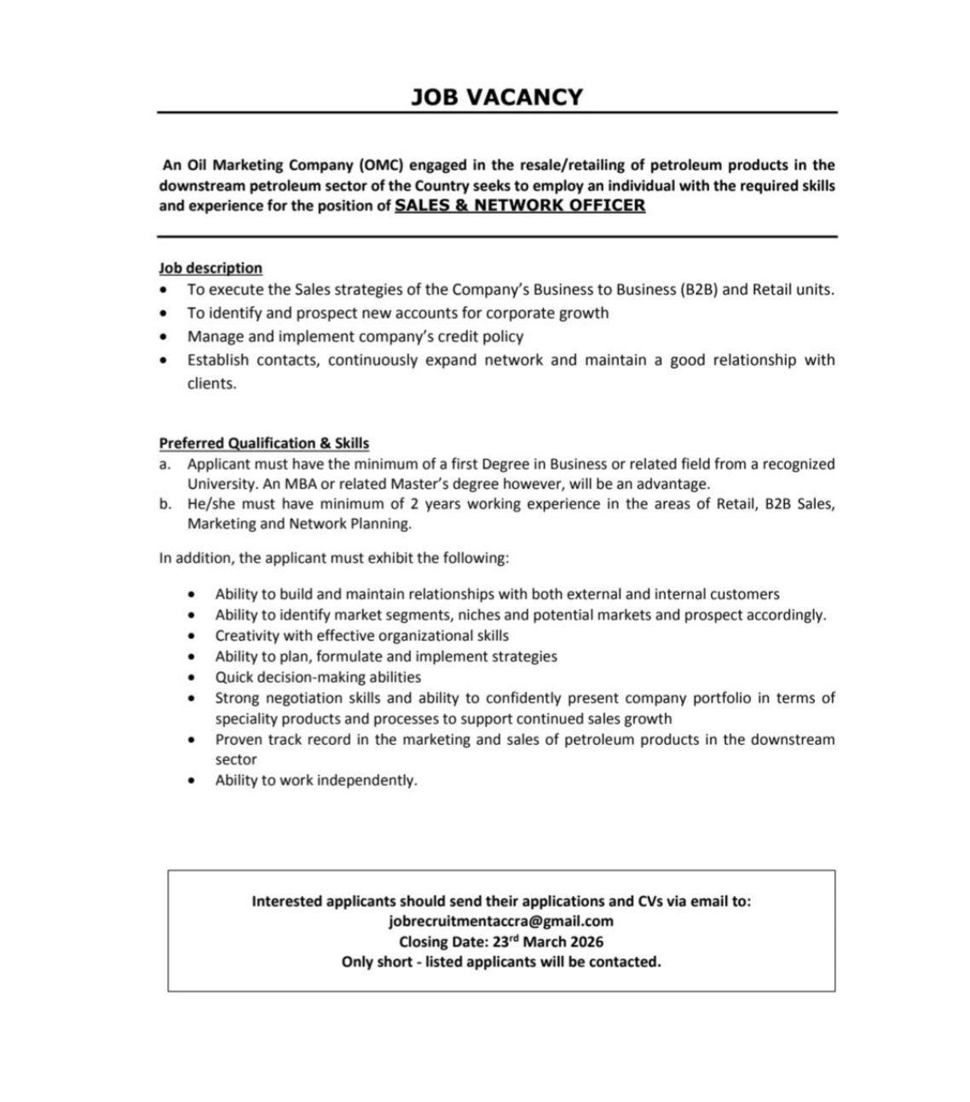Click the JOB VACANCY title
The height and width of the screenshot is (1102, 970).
click(497, 96)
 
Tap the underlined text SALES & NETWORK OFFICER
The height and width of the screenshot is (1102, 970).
click(520, 205)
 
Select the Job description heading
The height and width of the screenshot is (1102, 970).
click(211, 268)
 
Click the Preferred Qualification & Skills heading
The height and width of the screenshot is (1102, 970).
click(264, 443)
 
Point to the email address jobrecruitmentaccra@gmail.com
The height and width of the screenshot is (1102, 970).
click(501, 921)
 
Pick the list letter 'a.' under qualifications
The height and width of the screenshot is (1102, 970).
click(165, 464)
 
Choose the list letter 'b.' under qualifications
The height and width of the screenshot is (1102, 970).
click(165, 504)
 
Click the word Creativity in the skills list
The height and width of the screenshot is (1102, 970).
click(247, 636)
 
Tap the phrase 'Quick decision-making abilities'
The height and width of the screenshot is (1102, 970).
click(318, 678)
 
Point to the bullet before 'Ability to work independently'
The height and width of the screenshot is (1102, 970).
click(195, 781)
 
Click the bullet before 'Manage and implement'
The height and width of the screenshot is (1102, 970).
click(164, 337)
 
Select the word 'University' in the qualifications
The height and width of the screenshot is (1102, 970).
click(222, 484)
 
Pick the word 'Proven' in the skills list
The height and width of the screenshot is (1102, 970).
click(238, 740)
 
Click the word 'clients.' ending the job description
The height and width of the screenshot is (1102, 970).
click(211, 384)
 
